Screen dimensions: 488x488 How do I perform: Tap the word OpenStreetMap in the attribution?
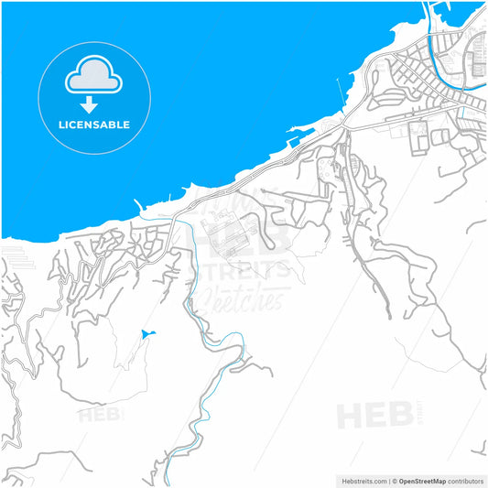click(x=428, y=481)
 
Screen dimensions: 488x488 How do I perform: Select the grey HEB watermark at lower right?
click(x=375, y=414)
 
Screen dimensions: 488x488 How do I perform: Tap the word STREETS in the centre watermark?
click(x=239, y=269)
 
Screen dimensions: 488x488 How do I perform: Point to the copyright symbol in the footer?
click(x=396, y=481)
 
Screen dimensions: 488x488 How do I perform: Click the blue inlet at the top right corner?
click(x=471, y=11)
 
